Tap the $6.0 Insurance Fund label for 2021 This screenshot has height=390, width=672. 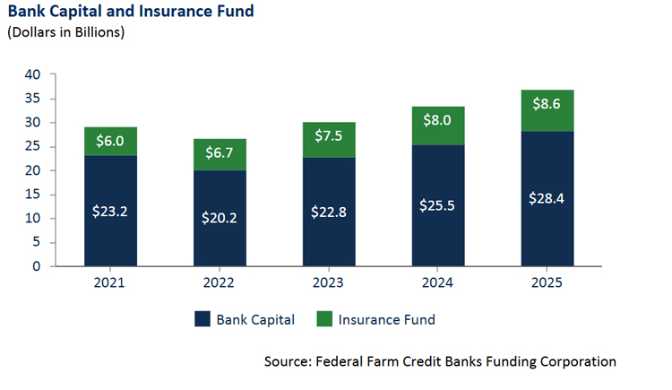[111, 141]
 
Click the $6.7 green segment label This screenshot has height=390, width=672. [220, 154]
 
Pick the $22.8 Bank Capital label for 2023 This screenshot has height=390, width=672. [329, 212]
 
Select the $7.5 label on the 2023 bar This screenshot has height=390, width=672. [329, 137]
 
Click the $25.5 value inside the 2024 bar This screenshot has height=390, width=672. [438, 205]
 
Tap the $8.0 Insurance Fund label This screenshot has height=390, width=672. [438, 121]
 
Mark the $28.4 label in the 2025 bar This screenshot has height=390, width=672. [547, 198]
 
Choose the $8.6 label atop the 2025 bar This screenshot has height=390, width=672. [547, 104]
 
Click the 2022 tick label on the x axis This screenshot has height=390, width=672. [220, 282]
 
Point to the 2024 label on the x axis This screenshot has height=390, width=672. [438, 282]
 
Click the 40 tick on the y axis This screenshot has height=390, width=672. [32, 74]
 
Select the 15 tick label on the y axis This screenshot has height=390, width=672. [32, 194]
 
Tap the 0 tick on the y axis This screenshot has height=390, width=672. [37, 266]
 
